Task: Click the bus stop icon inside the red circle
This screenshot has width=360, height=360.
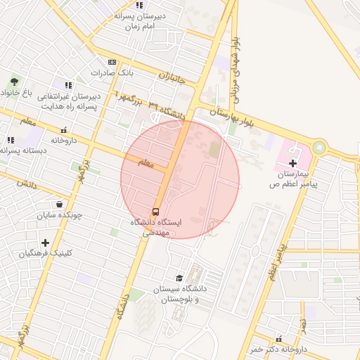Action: [155, 211]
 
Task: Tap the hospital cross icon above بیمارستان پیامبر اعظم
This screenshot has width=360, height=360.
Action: [292, 163]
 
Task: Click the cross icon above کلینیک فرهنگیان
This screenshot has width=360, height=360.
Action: [46, 243]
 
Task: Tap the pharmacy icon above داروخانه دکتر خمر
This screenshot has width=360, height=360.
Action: [280, 339]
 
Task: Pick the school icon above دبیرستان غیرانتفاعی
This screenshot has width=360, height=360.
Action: [68, 85]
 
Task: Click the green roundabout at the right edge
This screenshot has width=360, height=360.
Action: [320, 148]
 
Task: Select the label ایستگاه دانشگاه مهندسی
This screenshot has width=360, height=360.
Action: [155, 226]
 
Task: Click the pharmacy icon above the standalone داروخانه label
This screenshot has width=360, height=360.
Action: [64, 130]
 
